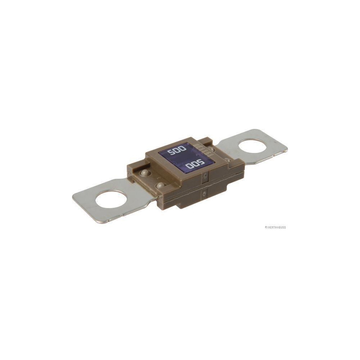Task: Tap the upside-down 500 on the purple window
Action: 195,165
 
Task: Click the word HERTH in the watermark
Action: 271,227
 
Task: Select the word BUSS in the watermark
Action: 282,227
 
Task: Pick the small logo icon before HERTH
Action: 266,227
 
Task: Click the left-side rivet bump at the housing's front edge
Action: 160,185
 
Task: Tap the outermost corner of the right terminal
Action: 287,149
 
